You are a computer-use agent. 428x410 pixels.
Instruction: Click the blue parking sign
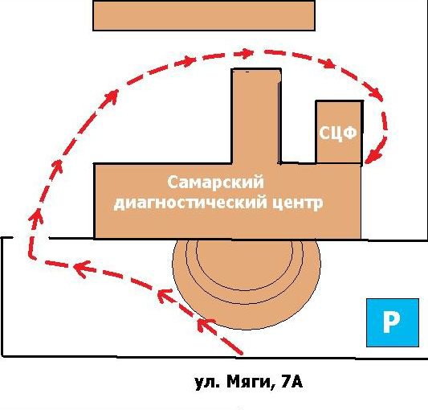click(x=393, y=323)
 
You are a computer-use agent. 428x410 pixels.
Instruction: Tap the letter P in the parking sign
click(x=391, y=322)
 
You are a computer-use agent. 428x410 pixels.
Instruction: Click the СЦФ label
click(x=338, y=133)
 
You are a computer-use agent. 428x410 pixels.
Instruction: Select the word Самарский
click(x=216, y=182)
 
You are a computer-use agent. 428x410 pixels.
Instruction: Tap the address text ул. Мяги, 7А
click(x=249, y=382)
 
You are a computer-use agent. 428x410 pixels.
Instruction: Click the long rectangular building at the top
click(x=204, y=15)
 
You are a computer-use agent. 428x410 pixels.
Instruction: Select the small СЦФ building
click(x=340, y=133)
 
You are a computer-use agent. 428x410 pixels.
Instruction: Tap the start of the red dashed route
click(x=240, y=353)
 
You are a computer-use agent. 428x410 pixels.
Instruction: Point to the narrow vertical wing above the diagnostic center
click(x=256, y=116)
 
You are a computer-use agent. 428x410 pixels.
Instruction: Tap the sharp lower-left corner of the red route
click(x=31, y=257)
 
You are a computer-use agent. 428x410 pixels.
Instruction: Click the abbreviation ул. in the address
click(x=207, y=383)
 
